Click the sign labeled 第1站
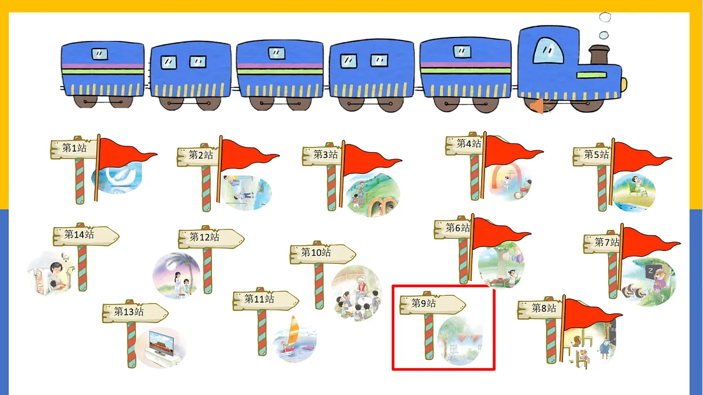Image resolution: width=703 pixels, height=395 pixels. (x=74, y=148)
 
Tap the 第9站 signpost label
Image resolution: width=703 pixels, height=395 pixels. (x=432, y=304)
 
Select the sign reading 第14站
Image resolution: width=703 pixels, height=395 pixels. (x=86, y=235)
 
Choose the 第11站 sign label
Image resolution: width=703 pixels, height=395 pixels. (x=265, y=300)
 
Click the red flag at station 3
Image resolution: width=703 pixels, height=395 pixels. (x=370, y=160)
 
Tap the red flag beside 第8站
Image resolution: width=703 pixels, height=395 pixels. (x=590, y=314)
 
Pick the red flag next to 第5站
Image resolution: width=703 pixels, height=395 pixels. (x=640, y=157)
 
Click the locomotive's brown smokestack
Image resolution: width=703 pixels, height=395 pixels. (x=599, y=54)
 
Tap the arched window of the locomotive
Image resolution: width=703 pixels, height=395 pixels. (x=548, y=50)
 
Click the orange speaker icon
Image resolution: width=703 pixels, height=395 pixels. (x=540, y=106)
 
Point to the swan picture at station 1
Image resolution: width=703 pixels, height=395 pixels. (x=117, y=178)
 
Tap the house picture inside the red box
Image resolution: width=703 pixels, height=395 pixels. (x=460, y=341)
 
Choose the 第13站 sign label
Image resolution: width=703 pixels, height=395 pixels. (x=135, y=312)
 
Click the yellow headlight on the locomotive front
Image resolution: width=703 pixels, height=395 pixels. (x=624, y=85)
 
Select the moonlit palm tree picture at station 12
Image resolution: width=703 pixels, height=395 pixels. (x=177, y=276)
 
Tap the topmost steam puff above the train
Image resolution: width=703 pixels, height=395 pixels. (x=605, y=17)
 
